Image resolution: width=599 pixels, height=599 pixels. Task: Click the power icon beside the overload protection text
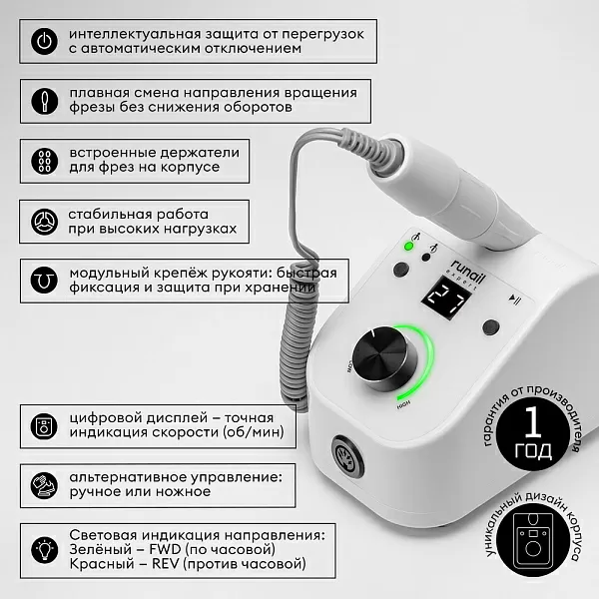[44, 41]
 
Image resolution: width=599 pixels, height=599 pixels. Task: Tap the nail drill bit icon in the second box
[44, 101]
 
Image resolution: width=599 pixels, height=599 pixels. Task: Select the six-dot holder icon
[44, 161]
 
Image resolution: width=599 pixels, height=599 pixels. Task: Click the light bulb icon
[44, 550]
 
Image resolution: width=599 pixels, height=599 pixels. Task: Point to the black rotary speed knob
[384, 359]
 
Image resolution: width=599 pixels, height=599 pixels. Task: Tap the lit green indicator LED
[408, 247]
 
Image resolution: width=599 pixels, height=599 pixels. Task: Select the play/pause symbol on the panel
[514, 299]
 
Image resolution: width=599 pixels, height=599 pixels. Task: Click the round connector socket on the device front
[347, 456]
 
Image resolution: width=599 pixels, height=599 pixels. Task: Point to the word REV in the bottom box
[166, 564]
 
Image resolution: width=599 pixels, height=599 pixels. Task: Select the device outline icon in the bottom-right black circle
[533, 539]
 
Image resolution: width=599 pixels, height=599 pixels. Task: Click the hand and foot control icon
[44, 486]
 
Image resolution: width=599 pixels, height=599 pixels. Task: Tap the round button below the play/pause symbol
[491, 327]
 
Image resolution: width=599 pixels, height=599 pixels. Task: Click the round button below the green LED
[401, 270]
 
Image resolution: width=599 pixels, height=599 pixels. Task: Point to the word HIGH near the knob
[403, 404]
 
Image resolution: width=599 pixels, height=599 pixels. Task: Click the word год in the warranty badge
[533, 451]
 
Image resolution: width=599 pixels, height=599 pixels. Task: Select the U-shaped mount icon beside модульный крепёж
[44, 281]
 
